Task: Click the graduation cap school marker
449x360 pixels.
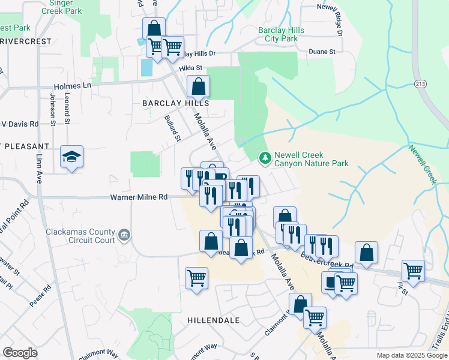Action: [71, 157]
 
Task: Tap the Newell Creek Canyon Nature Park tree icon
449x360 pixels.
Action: [264, 158]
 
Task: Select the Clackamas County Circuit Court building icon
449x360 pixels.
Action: [124, 234]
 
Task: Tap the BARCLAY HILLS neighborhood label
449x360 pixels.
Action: [175, 103]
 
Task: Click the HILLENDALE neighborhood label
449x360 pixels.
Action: [213, 320]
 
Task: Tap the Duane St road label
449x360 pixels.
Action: [322, 52]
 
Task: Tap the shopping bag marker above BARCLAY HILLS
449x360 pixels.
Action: [198, 86]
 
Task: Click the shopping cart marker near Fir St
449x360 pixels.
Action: [413, 271]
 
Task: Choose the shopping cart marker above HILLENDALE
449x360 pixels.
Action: [196, 278]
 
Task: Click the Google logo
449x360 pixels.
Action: [20, 352]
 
